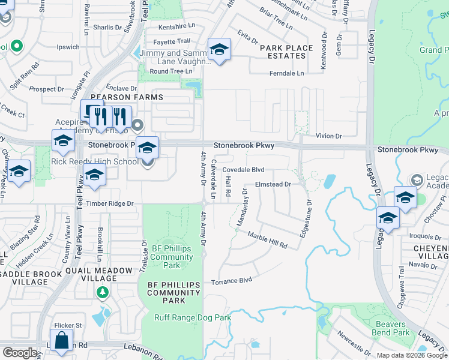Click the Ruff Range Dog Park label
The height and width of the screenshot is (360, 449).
(193, 317)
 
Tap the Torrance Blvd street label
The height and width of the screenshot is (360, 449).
(231, 281)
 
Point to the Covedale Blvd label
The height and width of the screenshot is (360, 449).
(244, 170)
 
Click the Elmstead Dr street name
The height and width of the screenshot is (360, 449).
(273, 184)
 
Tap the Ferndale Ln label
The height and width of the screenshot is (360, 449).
(288, 73)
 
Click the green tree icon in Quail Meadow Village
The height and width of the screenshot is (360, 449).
(103, 292)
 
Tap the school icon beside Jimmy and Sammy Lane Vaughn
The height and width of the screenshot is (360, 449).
(219, 50)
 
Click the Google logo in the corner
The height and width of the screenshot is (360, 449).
(20, 353)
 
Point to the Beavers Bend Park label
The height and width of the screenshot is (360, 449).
(390, 328)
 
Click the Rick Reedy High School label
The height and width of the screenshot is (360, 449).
(95, 161)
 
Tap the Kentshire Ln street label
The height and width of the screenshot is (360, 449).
(178, 28)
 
